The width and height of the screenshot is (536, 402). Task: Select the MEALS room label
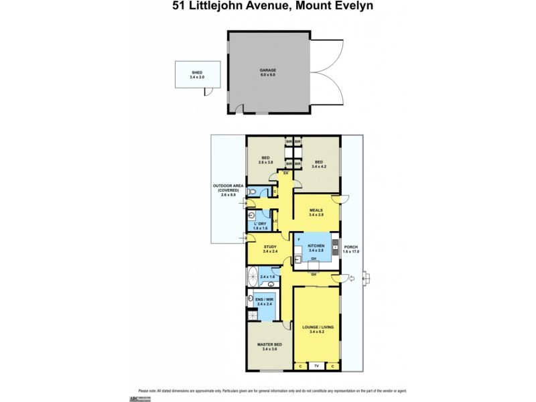pos(316,210)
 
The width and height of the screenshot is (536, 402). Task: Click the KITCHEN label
pos(316,247)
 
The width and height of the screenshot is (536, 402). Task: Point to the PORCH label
pos(352,249)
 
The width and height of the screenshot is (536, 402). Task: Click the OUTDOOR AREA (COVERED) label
pos(226,189)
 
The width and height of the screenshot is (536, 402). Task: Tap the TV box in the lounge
pos(318,366)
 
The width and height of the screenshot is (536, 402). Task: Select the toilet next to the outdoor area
pos(250,192)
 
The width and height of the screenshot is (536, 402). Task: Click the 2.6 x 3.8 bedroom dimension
pos(265,162)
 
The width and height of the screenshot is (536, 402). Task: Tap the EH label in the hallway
pos(285,174)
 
